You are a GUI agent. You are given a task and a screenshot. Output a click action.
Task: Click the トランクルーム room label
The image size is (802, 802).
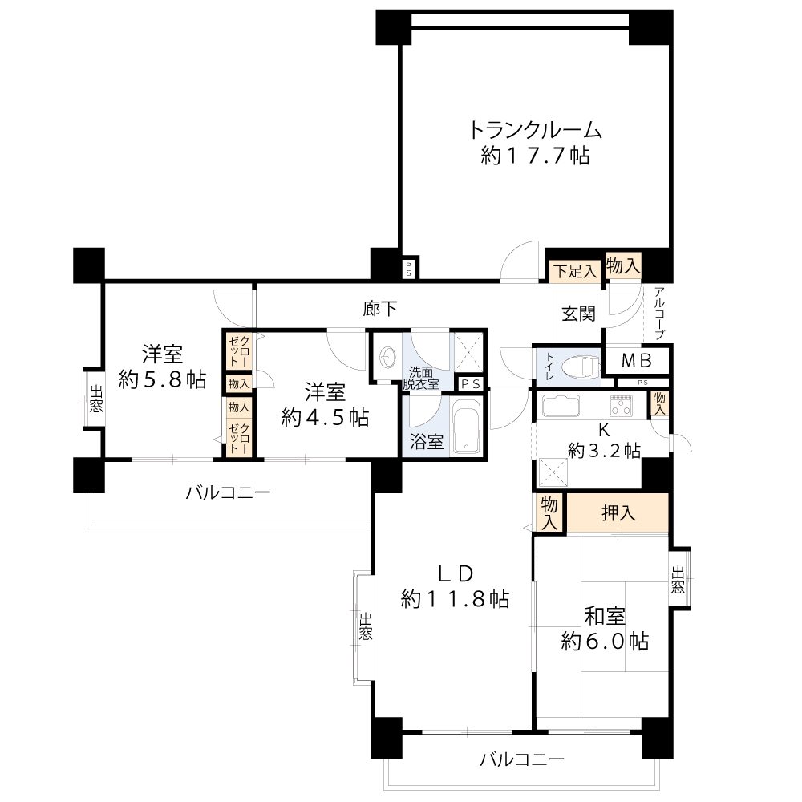point(535,131)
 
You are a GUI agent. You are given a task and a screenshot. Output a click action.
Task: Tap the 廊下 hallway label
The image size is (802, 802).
point(379,309)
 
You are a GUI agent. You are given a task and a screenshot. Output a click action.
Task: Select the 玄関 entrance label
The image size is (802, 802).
point(578,314)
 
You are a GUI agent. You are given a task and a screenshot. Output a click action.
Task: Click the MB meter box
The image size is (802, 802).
point(637,361)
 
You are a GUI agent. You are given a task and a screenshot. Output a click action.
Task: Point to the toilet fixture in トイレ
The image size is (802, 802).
point(580,367)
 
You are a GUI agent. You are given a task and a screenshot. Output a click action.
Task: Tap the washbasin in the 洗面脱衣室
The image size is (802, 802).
point(387,355)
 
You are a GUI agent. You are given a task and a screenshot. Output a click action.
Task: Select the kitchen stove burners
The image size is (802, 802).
point(621,406)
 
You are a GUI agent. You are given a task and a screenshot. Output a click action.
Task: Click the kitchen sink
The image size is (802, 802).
point(561,406)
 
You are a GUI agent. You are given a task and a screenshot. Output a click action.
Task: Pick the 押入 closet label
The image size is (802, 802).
point(618,512)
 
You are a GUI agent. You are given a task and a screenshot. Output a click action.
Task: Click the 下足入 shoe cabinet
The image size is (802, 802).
point(575,271)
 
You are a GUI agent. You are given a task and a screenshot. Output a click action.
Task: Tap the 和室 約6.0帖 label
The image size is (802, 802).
point(605,629)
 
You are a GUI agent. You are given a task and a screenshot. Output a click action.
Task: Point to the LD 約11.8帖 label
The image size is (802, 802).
point(455,586)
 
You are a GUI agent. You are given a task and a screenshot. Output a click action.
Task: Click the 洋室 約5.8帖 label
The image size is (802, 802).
point(162,367)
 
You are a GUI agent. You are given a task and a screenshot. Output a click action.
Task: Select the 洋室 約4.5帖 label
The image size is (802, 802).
point(325,404)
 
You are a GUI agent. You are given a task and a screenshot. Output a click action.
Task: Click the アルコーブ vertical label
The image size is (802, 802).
point(659,313)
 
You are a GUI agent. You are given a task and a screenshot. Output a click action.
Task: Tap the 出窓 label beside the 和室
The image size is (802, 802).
point(678,579)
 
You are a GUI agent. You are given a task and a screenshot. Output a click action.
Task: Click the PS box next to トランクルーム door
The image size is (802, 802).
point(409,269)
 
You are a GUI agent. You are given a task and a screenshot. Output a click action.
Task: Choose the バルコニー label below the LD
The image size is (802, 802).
point(522,759)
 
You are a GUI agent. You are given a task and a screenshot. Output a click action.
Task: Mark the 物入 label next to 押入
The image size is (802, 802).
point(549,512)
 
